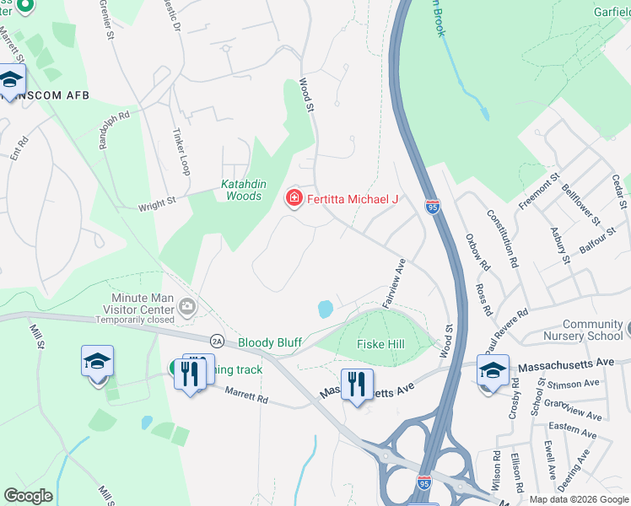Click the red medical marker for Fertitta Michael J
(x=294, y=199)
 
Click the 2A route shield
(x=217, y=340)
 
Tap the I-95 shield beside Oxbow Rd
(x=433, y=207)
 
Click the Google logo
(x=28, y=496)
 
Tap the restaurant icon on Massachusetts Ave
(x=357, y=384)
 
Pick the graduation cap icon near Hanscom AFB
(x=11, y=80)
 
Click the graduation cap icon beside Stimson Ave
(x=493, y=372)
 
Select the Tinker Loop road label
(x=180, y=153)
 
